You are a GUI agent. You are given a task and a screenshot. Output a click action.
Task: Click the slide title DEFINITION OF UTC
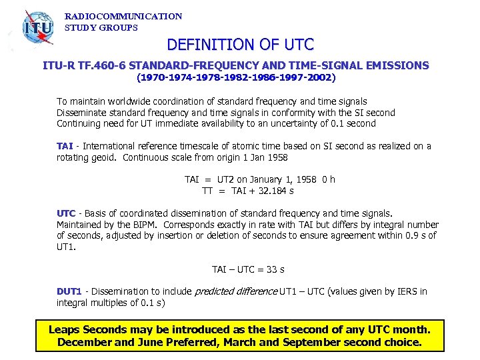240,45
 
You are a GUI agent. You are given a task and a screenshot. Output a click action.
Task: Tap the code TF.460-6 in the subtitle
102,65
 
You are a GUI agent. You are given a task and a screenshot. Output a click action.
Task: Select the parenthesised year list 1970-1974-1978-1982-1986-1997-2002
237,77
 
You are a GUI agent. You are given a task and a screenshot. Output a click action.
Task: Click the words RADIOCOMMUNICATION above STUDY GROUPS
123,16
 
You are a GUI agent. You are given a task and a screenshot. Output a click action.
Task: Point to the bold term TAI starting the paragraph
65,146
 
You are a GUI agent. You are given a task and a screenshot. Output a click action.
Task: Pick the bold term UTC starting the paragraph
66,213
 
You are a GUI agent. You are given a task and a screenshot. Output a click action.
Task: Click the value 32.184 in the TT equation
265,191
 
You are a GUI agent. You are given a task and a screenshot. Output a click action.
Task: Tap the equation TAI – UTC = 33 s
248,269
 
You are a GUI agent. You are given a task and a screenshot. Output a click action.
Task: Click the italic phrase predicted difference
235,291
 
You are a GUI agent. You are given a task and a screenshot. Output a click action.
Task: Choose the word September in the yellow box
323,343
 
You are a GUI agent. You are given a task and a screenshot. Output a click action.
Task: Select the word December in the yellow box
84,343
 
